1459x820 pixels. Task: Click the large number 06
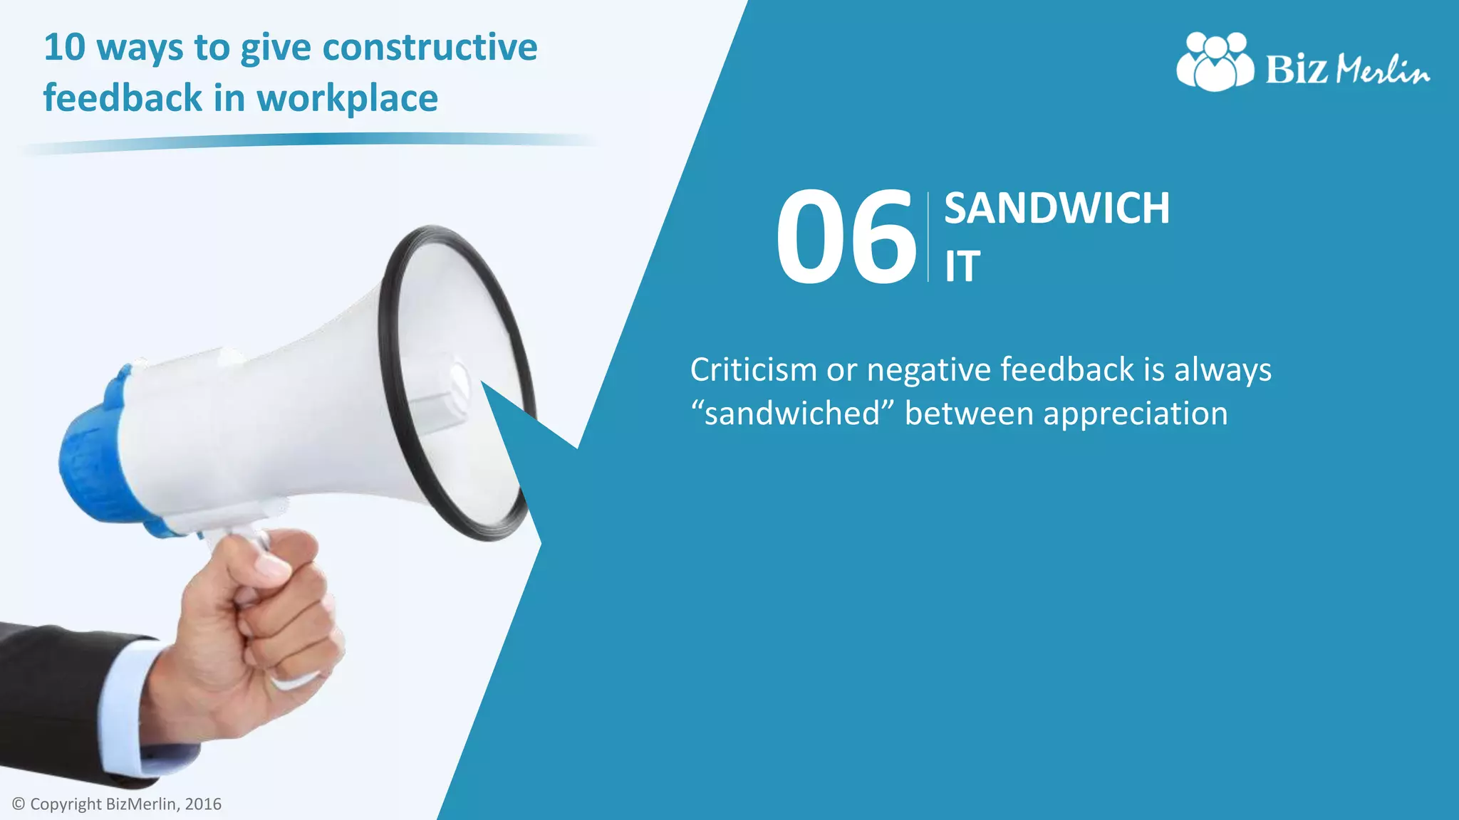point(846,236)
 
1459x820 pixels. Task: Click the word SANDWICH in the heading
point(1056,209)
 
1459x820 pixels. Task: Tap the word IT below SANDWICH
point(962,267)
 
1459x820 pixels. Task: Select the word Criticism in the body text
point(753,370)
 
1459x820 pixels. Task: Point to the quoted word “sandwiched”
point(792,414)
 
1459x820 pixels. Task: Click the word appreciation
point(1136,414)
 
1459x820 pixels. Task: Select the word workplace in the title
point(348,99)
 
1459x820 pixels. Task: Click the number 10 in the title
point(64,48)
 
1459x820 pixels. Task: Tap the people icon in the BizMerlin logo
point(1215,63)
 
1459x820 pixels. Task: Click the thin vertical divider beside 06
point(928,237)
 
